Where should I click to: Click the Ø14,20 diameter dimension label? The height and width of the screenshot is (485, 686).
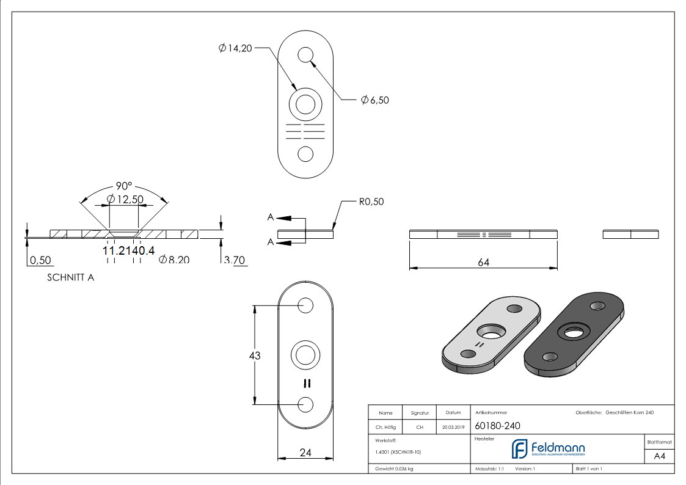pos(235,48)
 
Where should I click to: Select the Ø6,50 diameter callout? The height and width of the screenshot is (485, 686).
pos(374,100)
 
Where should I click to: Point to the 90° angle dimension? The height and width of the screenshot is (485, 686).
pos(125,186)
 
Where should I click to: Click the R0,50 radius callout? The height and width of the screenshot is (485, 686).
pos(371,202)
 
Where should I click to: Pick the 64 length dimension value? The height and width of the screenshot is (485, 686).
pos(483,262)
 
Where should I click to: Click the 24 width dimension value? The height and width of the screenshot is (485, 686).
pos(306,453)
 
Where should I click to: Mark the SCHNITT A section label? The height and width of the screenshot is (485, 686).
pos(70,277)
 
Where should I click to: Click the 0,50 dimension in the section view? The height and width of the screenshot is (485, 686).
pos(40,260)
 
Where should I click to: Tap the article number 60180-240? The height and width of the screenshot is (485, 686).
pos(497,426)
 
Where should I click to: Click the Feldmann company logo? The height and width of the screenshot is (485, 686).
pos(548,449)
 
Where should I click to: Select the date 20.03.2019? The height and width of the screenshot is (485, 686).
pos(453,428)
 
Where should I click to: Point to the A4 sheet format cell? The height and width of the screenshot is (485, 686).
pos(660,456)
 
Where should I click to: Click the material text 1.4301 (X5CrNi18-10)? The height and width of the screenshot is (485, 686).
pos(398,452)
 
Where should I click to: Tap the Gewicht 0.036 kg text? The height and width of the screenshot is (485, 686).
pos(394,469)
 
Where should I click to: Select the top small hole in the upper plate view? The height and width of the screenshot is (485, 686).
pos(305,55)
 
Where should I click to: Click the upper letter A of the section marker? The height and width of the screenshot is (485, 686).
pos(270,217)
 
